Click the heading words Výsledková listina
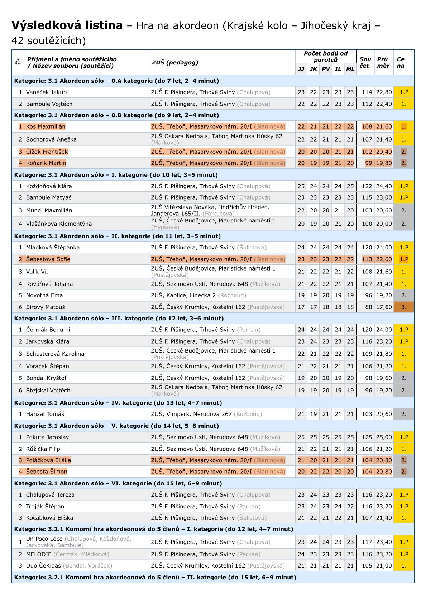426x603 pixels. coord(67,25)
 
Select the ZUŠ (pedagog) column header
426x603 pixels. coord(175,62)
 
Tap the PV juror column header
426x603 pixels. coord(326,69)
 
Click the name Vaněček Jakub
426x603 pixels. coord(46,92)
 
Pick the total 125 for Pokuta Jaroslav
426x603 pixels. coord(367,437)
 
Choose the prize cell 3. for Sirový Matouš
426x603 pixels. coord(404,307)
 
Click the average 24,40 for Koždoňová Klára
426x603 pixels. coord(384,186)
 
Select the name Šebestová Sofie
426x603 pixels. coord(48,259)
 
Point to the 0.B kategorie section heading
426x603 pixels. coord(116,115)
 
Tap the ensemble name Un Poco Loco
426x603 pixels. coord(45,539)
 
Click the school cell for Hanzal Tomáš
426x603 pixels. coord(206,414)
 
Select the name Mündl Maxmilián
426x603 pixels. coord(49,210)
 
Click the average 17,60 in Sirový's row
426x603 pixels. coord(384,307)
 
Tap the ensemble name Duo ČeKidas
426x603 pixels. coord(44,566)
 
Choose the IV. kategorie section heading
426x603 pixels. coord(118,403)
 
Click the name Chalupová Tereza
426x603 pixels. coord(50,495)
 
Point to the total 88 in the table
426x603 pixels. coord(369,307)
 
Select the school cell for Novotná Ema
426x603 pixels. coord(198,295)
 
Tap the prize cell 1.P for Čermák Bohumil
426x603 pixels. coord(404,330)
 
